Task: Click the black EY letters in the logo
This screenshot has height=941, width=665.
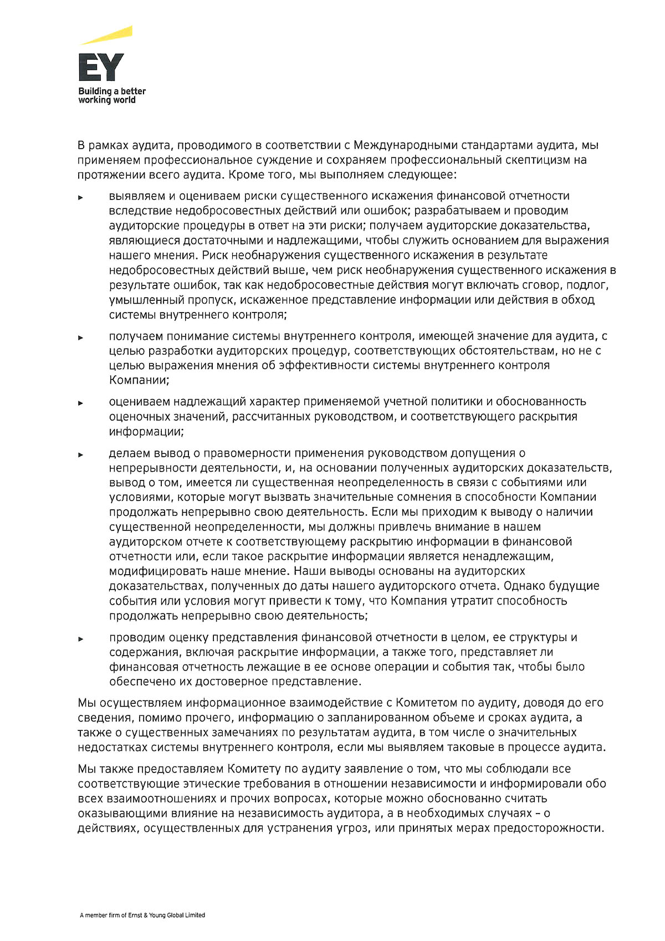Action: pos(101,67)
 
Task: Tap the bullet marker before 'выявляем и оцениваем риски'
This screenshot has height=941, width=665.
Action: pos(80,197)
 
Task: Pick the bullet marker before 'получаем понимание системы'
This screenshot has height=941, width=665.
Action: pos(80,337)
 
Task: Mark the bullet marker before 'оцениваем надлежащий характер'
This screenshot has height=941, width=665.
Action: pos(80,402)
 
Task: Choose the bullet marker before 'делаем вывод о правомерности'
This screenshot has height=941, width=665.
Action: pos(80,454)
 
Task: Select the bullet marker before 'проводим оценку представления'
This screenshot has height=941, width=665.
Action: pos(80,638)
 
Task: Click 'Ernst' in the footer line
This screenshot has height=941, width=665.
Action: pos(135,915)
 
